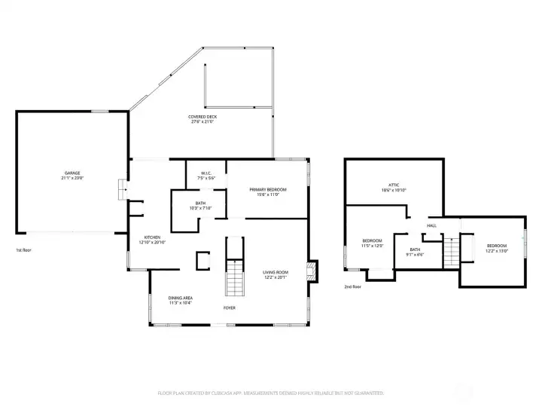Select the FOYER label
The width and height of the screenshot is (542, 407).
pyautogui.click(x=230, y=308)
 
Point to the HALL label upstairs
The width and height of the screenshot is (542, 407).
pyautogui.click(x=432, y=225)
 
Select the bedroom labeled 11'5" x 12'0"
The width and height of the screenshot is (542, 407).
pyautogui.click(x=372, y=243)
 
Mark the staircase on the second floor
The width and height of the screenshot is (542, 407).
pyautogui.click(x=452, y=246)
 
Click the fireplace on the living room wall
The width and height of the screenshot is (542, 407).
pyautogui.click(x=312, y=272)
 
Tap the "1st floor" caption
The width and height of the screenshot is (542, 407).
pyautogui.click(x=24, y=249)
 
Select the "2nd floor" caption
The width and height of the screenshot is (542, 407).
pyautogui.click(x=352, y=286)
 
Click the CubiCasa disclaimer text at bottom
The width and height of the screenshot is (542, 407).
pyautogui.click(x=271, y=393)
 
